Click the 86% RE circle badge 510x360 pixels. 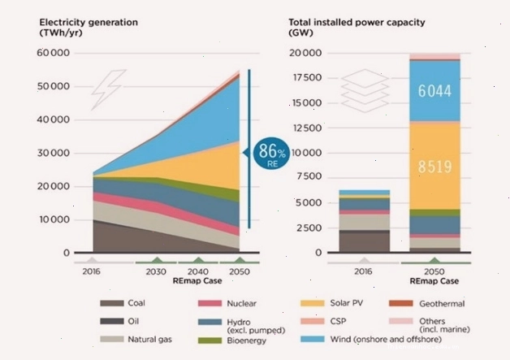tap(271, 154)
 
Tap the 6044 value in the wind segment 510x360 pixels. tap(434, 91)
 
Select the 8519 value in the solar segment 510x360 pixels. tap(434, 167)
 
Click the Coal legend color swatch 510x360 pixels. tap(112, 303)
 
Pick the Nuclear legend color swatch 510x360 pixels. tap(210, 303)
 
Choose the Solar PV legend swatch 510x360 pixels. tap(313, 303)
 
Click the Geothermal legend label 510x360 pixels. tap(442, 304)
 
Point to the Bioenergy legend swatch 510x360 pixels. tap(210, 340)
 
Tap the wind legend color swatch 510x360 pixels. tap(313, 339)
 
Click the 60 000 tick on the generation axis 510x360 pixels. tap(53, 53)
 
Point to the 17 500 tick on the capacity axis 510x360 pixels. tap(307, 78)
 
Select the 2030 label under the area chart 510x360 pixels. tap(156, 271)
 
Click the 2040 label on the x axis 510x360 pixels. tap(198, 271)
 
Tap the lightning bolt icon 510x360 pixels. tap(108, 89)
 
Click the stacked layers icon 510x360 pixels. tap(365, 90)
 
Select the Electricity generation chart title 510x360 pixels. tap(89, 28)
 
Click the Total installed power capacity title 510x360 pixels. tap(357, 28)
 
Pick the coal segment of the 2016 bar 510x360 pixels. tap(365, 242)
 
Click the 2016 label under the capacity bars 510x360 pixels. tap(363, 271)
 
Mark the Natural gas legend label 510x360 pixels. tap(150, 340)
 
